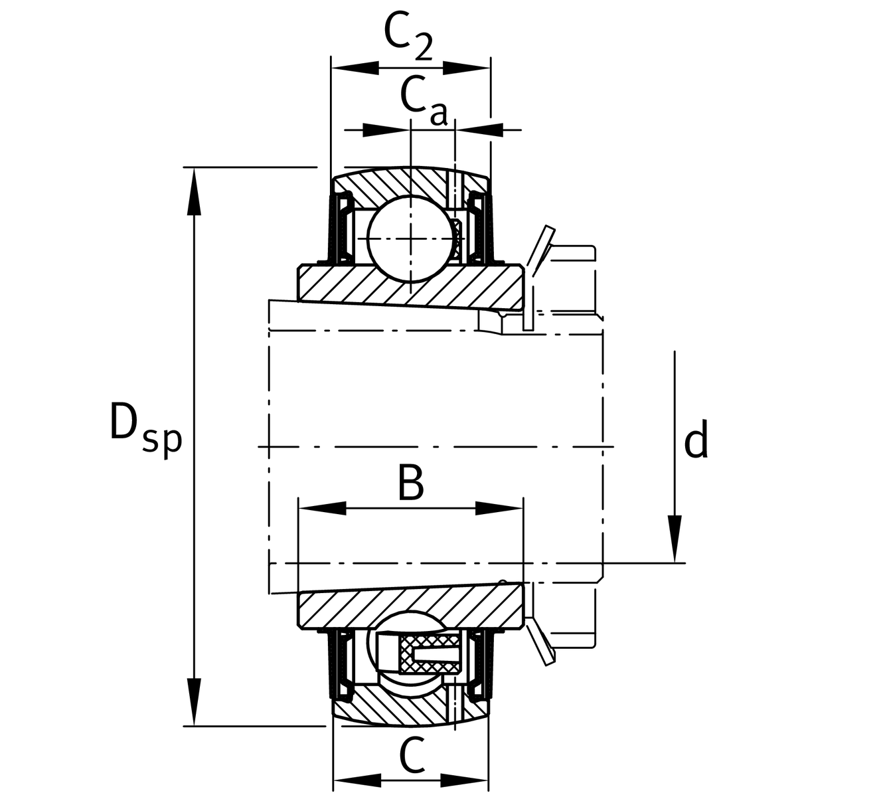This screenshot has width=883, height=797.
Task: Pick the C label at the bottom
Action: (412, 757)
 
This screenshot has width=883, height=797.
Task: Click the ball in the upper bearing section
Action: (411, 237)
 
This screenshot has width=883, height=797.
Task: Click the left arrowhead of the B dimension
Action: (323, 509)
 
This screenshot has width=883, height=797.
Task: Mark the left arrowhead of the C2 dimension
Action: (355, 67)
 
